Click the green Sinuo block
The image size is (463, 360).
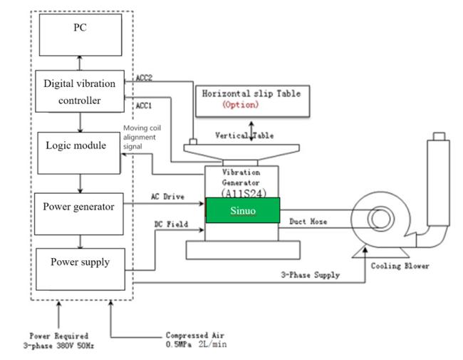pyautogui.click(x=243, y=211)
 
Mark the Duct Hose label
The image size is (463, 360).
pyautogui.click(x=309, y=222)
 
